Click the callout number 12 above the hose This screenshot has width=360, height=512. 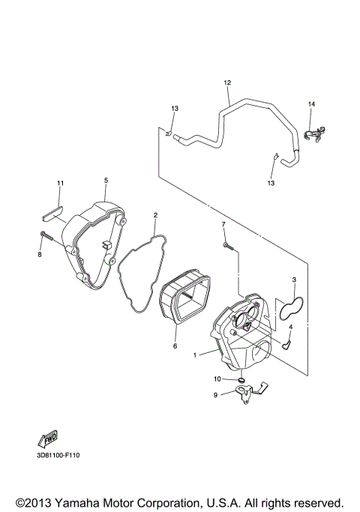pos(227,82)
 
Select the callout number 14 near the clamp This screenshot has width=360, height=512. pos(311,103)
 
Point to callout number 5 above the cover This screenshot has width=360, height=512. pos(106,181)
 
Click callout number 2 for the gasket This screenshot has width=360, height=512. pos(155,216)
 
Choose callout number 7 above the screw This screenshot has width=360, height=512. pos(223,224)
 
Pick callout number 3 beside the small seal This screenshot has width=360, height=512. pos(295,280)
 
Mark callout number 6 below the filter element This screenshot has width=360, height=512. pos(175,346)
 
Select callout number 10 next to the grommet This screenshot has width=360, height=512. pos(218,380)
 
